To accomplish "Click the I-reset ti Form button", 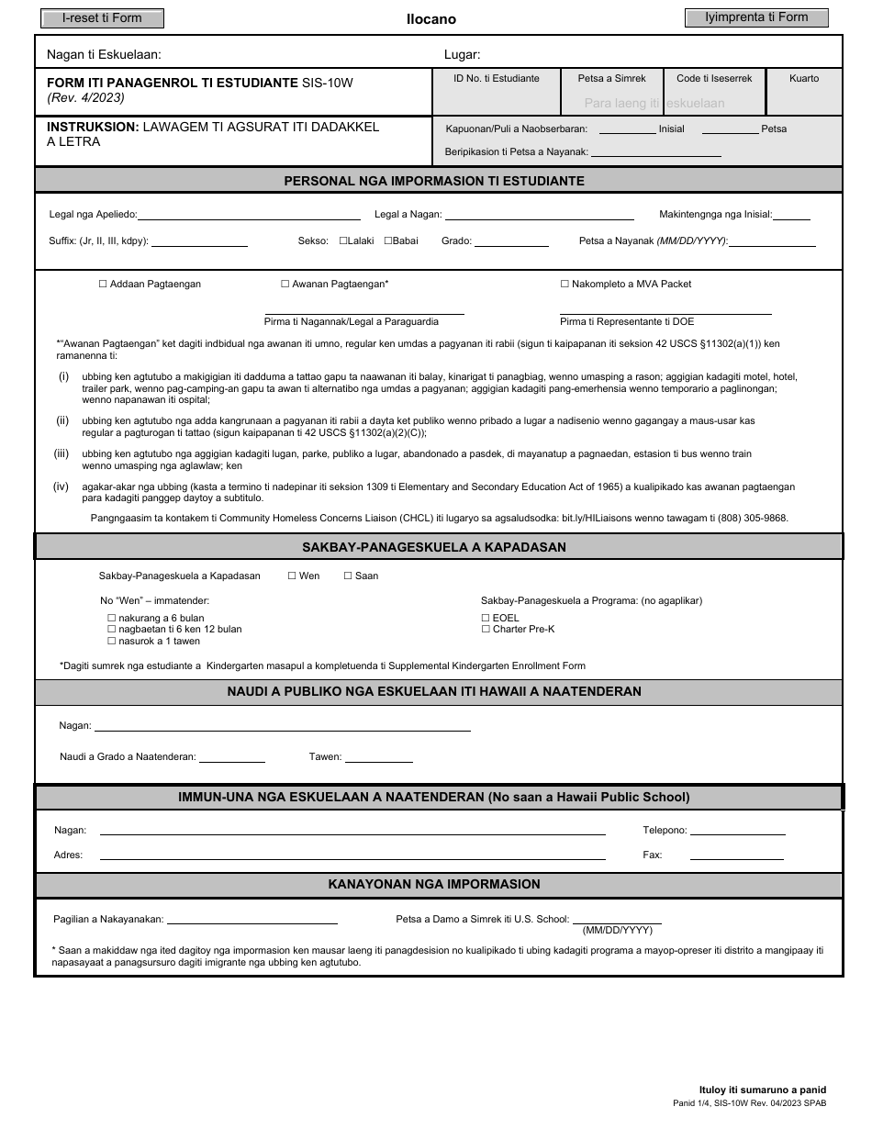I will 102,18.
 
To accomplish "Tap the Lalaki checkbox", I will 343,240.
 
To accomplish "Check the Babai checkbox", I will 387,240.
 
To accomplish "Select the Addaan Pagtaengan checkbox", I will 103,285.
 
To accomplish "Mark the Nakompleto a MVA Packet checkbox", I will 565,285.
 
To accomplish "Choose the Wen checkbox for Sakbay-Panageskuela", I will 292,576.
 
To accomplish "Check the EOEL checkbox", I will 486,619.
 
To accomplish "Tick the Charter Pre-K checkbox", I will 486,630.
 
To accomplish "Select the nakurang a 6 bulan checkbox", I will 112,619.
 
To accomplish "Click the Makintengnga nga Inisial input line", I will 791,217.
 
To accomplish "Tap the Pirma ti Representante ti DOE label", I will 627,322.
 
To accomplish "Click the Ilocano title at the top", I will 430,19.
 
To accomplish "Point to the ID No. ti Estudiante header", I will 496,79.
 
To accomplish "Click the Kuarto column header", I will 803,79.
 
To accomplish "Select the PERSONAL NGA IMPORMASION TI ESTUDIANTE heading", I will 434,181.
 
